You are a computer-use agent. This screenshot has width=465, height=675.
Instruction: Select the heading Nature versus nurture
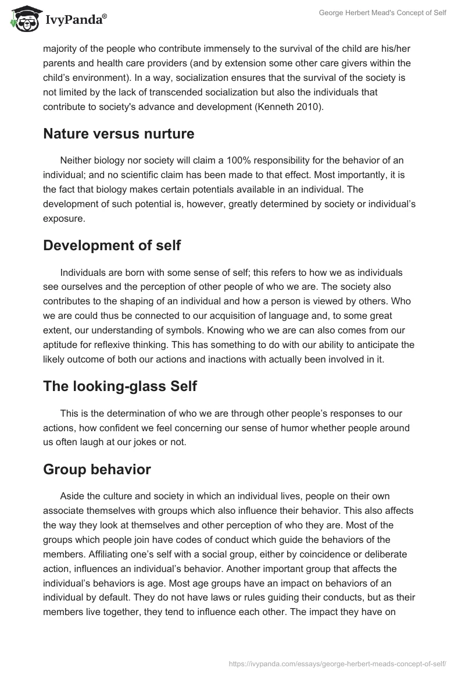coord(119,134)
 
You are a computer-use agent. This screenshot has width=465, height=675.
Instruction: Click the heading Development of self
coord(112,246)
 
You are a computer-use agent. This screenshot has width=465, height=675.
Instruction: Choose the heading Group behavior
coord(97,469)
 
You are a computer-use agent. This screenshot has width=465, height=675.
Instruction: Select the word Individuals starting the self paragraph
coord(84,272)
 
